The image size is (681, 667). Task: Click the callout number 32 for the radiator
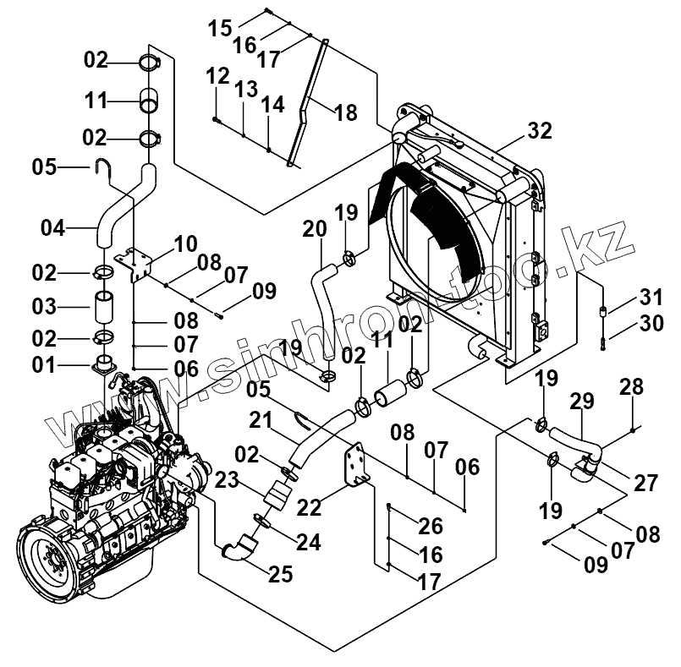tap(540, 130)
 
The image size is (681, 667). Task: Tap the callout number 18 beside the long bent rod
tap(346, 112)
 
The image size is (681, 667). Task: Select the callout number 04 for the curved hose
tap(53, 228)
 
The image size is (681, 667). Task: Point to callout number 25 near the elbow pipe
tap(281, 574)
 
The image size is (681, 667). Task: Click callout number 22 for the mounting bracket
tap(309, 507)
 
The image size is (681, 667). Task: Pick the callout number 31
tap(651, 298)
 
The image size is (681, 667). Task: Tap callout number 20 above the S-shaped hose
tap(315, 229)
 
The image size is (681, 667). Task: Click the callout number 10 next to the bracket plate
tap(186, 243)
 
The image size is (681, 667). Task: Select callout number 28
tap(631, 386)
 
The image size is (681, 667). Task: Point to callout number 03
tap(44, 307)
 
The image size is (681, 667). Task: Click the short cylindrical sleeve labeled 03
tap(105, 308)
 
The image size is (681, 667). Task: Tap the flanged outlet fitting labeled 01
tap(104, 364)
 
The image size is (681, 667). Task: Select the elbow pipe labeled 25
tap(240, 548)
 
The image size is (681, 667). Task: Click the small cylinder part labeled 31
tap(603, 311)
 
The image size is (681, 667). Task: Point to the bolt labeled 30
tap(603, 343)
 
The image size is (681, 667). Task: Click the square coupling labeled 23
tap(278, 495)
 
